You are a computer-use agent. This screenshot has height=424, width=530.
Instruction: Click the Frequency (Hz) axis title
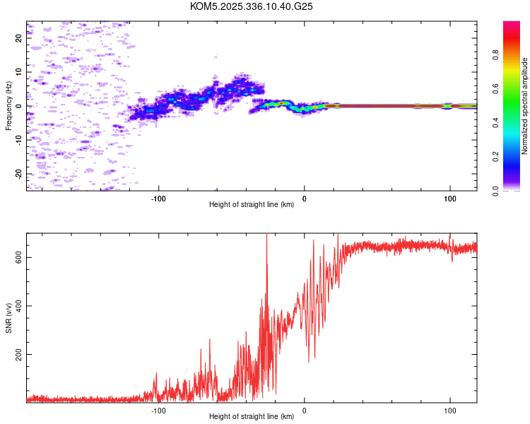point(9,106)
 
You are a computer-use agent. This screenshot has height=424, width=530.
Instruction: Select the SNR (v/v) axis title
point(9,318)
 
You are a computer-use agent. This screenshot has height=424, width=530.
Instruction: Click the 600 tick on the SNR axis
point(19,257)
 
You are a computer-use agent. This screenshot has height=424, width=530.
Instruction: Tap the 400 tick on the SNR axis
point(19,306)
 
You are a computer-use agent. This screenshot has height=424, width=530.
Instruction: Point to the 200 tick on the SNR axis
point(19,354)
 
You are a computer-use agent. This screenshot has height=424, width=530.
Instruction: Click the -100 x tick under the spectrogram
point(158,198)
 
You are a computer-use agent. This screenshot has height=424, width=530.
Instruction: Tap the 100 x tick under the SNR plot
point(450,410)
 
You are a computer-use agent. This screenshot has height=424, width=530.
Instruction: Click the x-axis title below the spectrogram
point(252,205)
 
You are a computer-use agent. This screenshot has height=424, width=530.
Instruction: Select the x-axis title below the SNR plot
point(252,417)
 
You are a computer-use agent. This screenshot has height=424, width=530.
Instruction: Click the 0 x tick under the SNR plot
point(305,410)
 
